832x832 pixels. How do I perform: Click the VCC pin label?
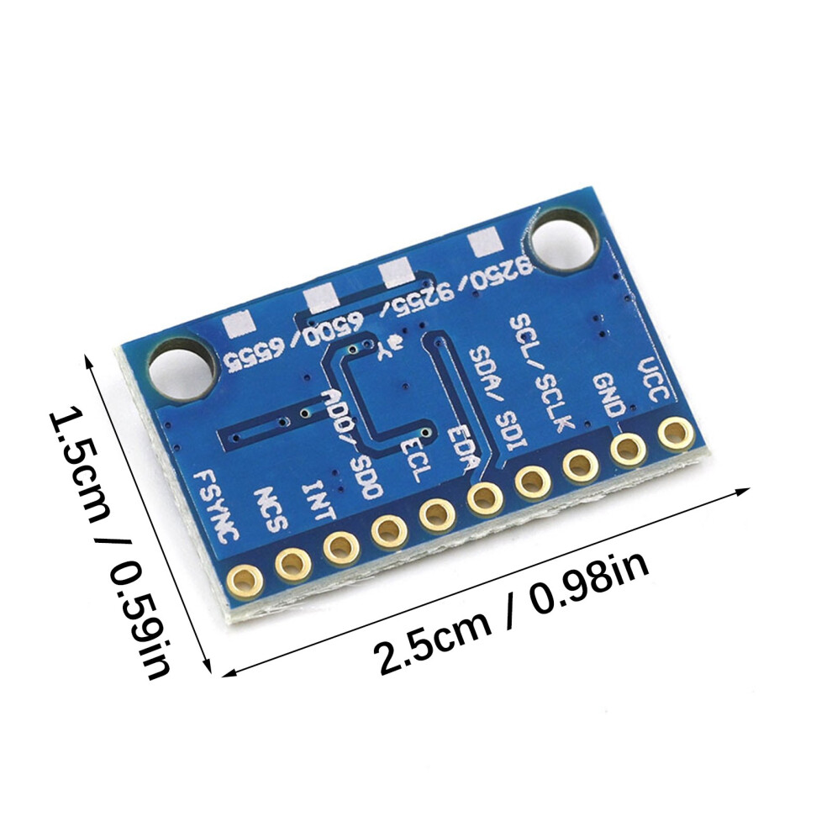click(655, 380)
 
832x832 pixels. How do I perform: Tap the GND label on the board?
click(608, 395)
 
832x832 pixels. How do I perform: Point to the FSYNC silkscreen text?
click(215, 506)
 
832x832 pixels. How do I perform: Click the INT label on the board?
click(319, 499)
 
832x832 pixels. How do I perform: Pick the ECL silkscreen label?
click(412, 460)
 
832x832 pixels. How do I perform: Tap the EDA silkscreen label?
click(461, 445)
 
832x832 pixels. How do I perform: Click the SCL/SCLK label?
click(541, 372)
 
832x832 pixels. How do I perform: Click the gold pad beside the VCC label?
click(676, 434)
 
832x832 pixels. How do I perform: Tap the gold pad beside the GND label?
click(629, 450)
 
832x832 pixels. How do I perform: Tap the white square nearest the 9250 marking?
click(484, 244)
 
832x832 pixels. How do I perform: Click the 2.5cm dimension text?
click(433, 642)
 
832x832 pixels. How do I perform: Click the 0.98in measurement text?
click(588, 582)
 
